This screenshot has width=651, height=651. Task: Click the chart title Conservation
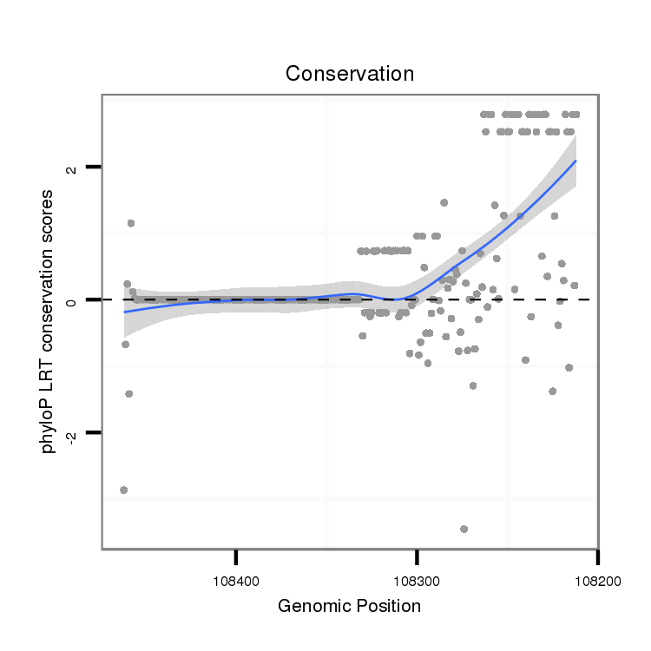pos(350,74)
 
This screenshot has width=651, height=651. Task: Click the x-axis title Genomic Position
pos(349,606)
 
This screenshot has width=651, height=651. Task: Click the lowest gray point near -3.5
pos(464,529)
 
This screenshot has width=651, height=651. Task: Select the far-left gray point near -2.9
pos(124,490)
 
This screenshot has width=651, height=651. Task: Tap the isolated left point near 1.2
pos(131,223)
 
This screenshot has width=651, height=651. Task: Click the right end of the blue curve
pos(575,161)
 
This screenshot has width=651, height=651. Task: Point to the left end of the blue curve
pos(125,312)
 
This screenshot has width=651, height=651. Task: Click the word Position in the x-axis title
pos(387,606)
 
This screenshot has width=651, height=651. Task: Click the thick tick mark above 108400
pos(236,556)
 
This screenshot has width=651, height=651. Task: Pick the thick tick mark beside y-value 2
pos(94,167)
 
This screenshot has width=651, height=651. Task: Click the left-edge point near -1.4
pos(128,393)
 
